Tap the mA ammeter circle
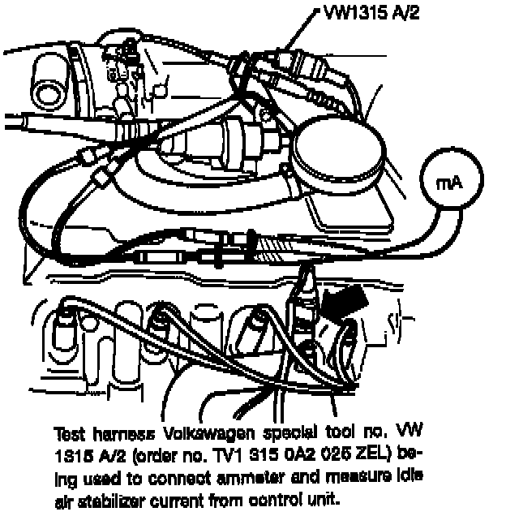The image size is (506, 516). [448, 183]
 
